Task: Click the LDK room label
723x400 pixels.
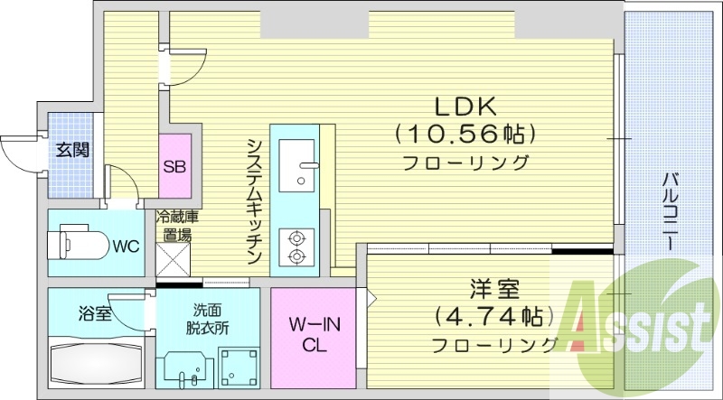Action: [x=465, y=105]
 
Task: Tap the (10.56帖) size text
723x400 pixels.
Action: [x=465, y=135]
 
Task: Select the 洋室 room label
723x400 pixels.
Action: [x=493, y=291]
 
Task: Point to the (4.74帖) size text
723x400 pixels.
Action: [x=493, y=317]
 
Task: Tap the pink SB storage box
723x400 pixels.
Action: [x=175, y=166]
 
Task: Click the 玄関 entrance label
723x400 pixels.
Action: [x=73, y=150]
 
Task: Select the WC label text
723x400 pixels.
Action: [x=125, y=246]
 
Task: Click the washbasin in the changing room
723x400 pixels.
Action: [x=184, y=371]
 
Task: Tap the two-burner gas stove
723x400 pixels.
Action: [x=295, y=247]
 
